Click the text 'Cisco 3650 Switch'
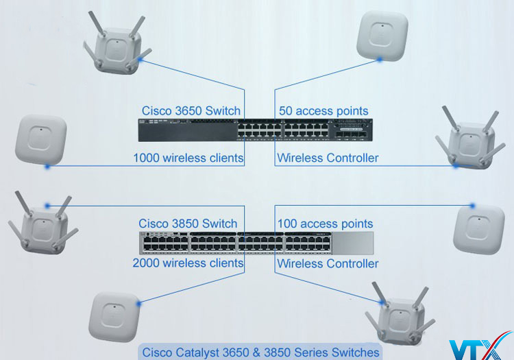click(191, 111)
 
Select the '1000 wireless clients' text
click(188, 158)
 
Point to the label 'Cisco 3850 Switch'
click(188, 224)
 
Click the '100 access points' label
click(325, 224)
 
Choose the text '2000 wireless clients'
click(188, 263)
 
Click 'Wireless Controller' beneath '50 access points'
click(328, 158)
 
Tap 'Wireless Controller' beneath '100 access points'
click(328, 263)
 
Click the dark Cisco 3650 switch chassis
click(256, 130)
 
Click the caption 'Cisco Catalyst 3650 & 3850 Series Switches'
click(260, 352)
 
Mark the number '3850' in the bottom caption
click(286, 352)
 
